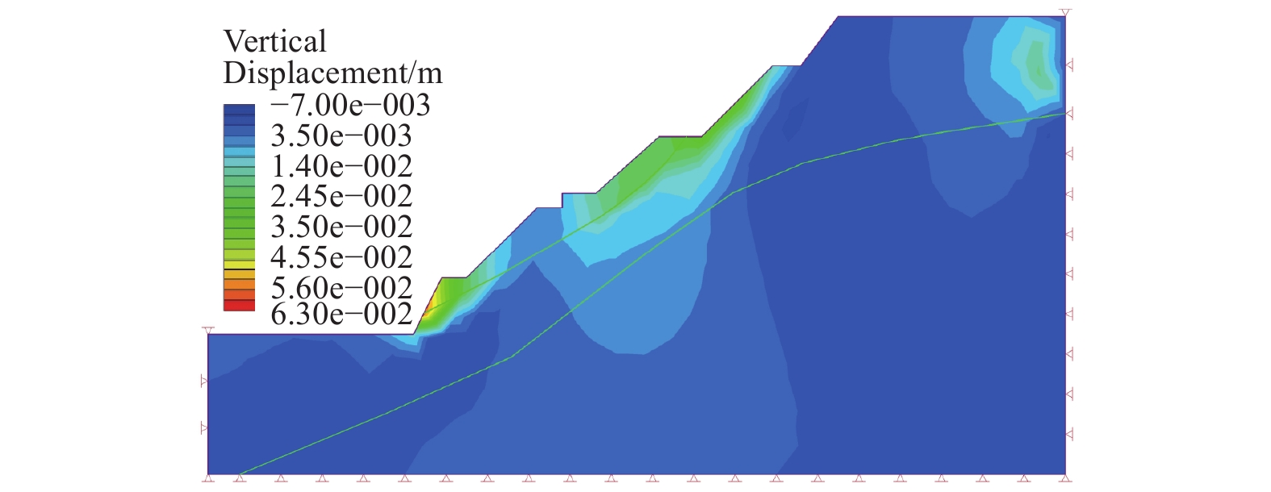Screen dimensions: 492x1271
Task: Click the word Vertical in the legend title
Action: pyautogui.click(x=274, y=41)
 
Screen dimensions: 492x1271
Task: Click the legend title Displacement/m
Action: pyautogui.click(x=332, y=73)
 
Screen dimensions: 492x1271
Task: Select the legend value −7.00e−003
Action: pyautogui.click(x=350, y=105)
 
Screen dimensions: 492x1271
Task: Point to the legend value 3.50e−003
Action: pyautogui.click(x=341, y=136)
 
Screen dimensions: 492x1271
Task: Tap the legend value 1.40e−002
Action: pyautogui.click(x=341, y=166)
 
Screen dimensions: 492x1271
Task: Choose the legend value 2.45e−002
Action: pyautogui.click(x=341, y=196)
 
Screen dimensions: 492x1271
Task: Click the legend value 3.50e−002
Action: pyautogui.click(x=341, y=227)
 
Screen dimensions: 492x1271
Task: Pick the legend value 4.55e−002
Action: pyautogui.click(x=341, y=257)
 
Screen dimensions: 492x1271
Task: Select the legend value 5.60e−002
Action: pyautogui.click(x=341, y=288)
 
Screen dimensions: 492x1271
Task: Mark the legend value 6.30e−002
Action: pyautogui.click(x=341, y=314)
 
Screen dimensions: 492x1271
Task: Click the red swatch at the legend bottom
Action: pyautogui.click(x=239, y=306)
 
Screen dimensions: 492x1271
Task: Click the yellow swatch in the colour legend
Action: pyautogui.click(x=239, y=264)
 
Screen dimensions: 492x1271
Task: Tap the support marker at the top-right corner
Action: pyautogui.click(x=1065, y=13)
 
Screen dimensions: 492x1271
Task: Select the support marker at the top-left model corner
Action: pyautogui.click(x=208, y=331)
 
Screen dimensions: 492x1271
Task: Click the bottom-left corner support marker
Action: pyautogui.click(x=208, y=477)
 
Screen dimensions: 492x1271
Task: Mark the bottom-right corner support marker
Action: pyautogui.click(x=1065, y=477)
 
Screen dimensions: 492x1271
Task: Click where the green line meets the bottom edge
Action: pyautogui.click(x=240, y=473)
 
